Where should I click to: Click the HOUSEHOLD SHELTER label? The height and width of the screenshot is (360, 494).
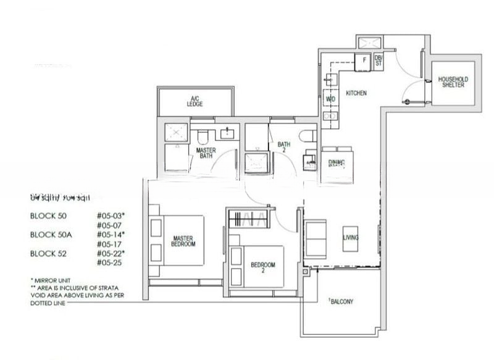[453, 83]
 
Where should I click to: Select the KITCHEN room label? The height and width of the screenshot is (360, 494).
[356, 93]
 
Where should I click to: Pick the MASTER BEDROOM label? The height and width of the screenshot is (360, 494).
[184, 241]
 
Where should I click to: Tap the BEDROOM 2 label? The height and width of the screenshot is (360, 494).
[262, 266]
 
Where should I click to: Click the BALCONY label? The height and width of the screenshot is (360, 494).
[341, 301]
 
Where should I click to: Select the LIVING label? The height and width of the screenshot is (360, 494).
[351, 237]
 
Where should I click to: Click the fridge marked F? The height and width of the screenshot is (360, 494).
[364, 61]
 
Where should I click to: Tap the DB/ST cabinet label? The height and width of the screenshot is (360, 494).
[378, 61]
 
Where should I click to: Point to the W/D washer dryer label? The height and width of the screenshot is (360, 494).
[330, 99]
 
